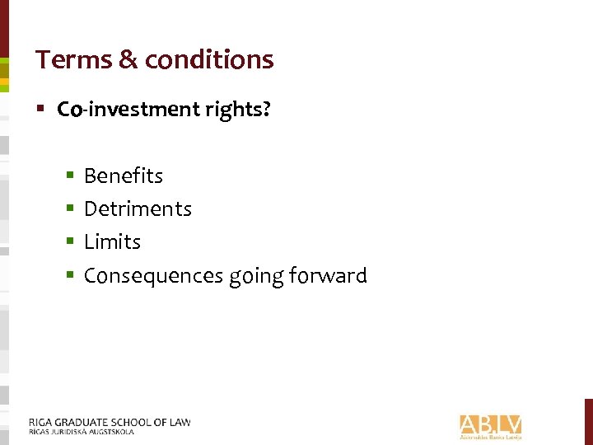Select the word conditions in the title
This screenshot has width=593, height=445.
point(208,59)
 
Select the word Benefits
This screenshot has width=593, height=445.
point(124,176)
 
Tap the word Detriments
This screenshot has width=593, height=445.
point(138,208)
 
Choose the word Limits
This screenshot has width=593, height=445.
point(112,241)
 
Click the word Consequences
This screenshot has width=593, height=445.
point(154,275)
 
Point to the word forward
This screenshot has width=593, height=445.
point(329,275)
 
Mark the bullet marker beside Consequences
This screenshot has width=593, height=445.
point(71,275)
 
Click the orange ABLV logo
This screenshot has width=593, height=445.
point(490,424)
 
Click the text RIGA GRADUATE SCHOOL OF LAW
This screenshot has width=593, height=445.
point(110,422)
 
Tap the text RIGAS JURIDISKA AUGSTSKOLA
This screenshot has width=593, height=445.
point(81,431)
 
